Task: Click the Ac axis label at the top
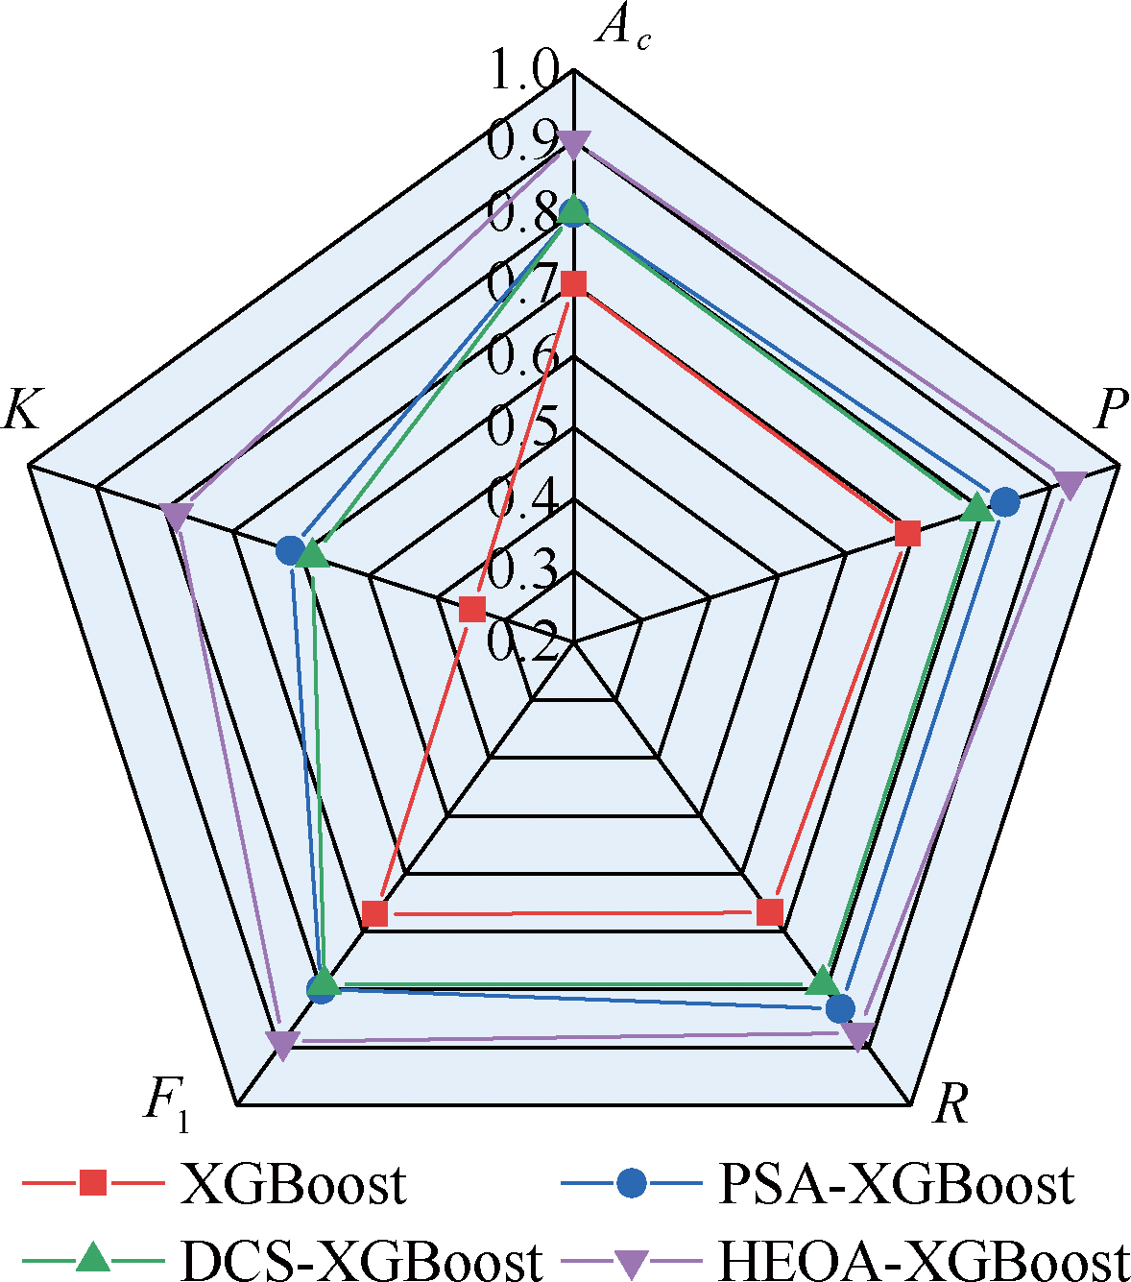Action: click(621, 29)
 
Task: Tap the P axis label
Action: click(1110, 410)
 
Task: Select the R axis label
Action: click(950, 1104)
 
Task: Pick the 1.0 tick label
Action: click(523, 72)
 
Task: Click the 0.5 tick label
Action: click(523, 425)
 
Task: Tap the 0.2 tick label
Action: click(523, 641)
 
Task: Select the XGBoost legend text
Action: click(294, 1184)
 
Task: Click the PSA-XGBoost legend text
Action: click(896, 1184)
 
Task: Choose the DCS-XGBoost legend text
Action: click(361, 1259)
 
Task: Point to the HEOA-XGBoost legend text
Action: click(923, 1259)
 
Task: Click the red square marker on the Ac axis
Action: click(573, 283)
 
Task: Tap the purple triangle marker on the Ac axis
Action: click(573, 145)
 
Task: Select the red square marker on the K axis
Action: click(471, 608)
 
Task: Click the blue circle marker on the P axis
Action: click(1004, 500)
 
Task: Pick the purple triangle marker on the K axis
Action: click(174, 514)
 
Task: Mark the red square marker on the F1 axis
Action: click(374, 912)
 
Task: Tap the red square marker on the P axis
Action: click(906, 532)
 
